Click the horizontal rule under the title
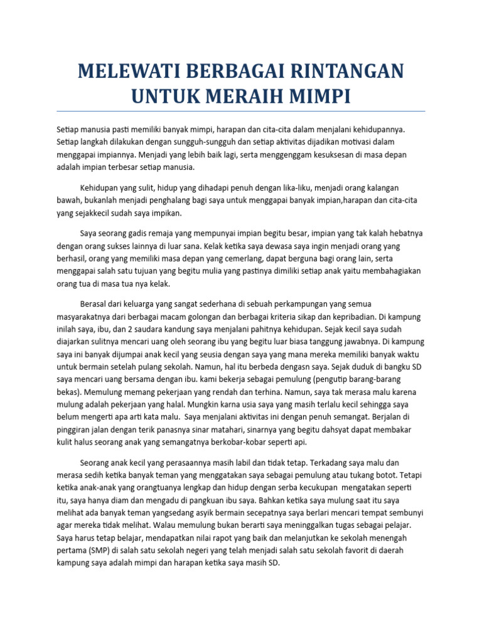[x=241, y=111]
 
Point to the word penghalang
[x=147, y=200]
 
